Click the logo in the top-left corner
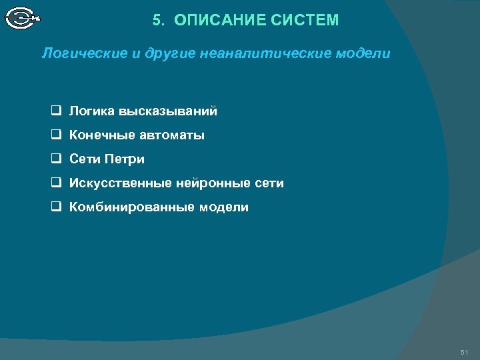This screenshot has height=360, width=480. (22, 17)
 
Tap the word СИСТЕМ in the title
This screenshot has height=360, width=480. (305, 21)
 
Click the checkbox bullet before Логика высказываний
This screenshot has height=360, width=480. (57, 111)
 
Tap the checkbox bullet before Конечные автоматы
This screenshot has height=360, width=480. (57, 135)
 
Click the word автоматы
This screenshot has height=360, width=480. (172, 135)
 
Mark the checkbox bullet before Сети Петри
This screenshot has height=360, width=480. (57, 159)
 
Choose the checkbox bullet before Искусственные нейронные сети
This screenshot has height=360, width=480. (57, 183)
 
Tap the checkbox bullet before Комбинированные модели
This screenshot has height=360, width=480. (57, 207)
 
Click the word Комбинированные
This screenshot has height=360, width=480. (131, 207)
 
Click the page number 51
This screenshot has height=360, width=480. (465, 351)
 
